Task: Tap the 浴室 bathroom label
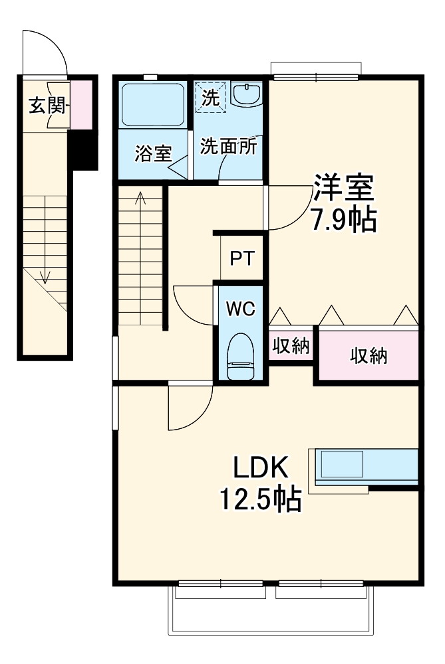click(x=153, y=153)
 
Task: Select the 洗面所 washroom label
click(x=227, y=147)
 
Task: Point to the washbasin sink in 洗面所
click(x=247, y=95)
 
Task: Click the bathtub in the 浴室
click(x=154, y=104)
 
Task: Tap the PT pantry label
click(x=241, y=258)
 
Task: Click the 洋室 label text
click(x=344, y=189)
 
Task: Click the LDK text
click(x=259, y=469)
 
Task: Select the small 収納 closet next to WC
click(x=291, y=346)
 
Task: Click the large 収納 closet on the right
click(x=369, y=356)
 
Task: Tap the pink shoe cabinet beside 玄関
click(x=80, y=105)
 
